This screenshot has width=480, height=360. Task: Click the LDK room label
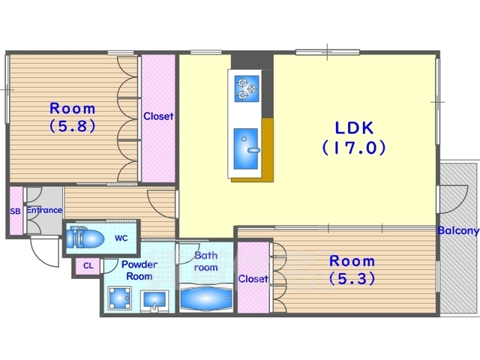coord(354,128)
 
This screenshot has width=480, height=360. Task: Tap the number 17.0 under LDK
coord(354,148)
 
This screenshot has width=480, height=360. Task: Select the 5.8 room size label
coord(73,125)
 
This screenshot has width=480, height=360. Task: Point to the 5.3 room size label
coord(352,278)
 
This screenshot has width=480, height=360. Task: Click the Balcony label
coord(458,230)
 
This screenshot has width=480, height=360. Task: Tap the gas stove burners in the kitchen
coord(246,88)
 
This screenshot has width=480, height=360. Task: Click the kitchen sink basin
coord(245,148)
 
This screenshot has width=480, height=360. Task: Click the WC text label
coord(121,238)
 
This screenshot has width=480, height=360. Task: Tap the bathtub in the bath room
coord(205,298)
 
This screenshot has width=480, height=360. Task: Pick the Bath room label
coord(206,261)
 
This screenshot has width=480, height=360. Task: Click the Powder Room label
coord(139,270)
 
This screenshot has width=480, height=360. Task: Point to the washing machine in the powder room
coord(119,298)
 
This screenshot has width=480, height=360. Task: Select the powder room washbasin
coord(154,301)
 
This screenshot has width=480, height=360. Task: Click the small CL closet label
coord(88,266)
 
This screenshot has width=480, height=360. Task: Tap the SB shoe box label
coord(15,211)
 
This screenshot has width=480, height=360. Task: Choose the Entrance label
coord(44,210)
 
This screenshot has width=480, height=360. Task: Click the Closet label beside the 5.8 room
coord(158,116)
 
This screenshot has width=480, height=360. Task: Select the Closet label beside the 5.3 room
coord(253,278)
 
